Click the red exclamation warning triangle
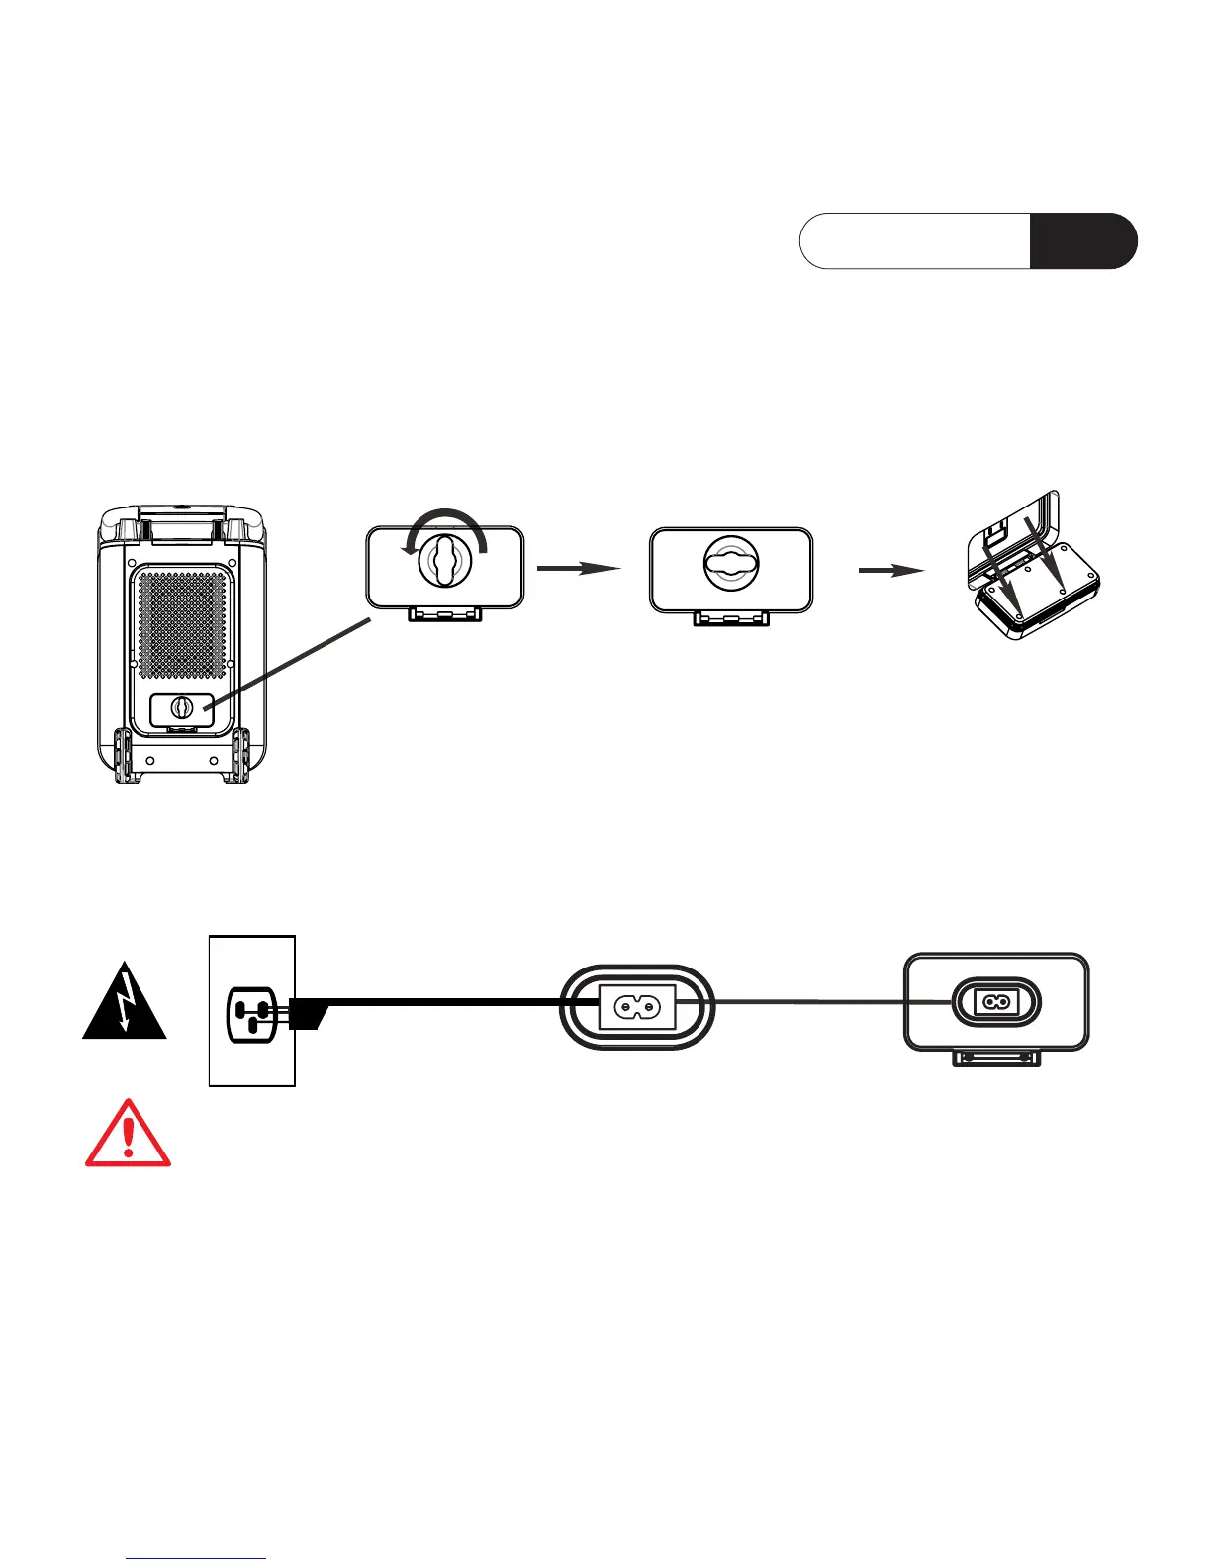tap(128, 1135)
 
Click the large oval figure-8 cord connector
tap(637, 1007)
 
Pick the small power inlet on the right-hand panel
tap(996, 1002)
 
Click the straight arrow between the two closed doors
tap(579, 568)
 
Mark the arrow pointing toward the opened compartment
tap(890, 570)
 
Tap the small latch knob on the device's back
tap(182, 708)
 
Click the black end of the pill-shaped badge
tap(1082, 240)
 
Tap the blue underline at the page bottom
tap(197, 1559)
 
